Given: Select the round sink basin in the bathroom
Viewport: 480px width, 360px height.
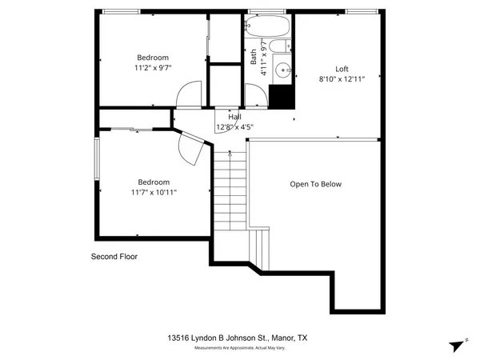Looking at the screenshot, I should (282, 70).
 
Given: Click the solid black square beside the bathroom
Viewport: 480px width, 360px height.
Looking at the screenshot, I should (281, 97).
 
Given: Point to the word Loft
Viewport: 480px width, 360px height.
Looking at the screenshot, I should (342, 69).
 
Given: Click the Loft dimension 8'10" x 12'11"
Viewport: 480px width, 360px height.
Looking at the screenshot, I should (342, 79).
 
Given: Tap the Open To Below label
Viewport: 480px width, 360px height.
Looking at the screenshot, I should (315, 185).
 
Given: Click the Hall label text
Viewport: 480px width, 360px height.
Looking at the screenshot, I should (234, 117).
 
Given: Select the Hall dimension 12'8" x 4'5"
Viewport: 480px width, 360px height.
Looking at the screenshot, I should (234, 127).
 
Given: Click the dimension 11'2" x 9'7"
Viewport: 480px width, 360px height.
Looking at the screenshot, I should (152, 68).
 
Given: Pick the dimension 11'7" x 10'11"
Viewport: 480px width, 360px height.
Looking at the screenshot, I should (154, 193).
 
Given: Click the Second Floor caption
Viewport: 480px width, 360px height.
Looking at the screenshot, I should (114, 258).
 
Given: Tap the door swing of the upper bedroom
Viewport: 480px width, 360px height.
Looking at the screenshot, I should (186, 96).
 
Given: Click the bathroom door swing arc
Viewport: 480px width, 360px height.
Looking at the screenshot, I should (256, 97).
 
